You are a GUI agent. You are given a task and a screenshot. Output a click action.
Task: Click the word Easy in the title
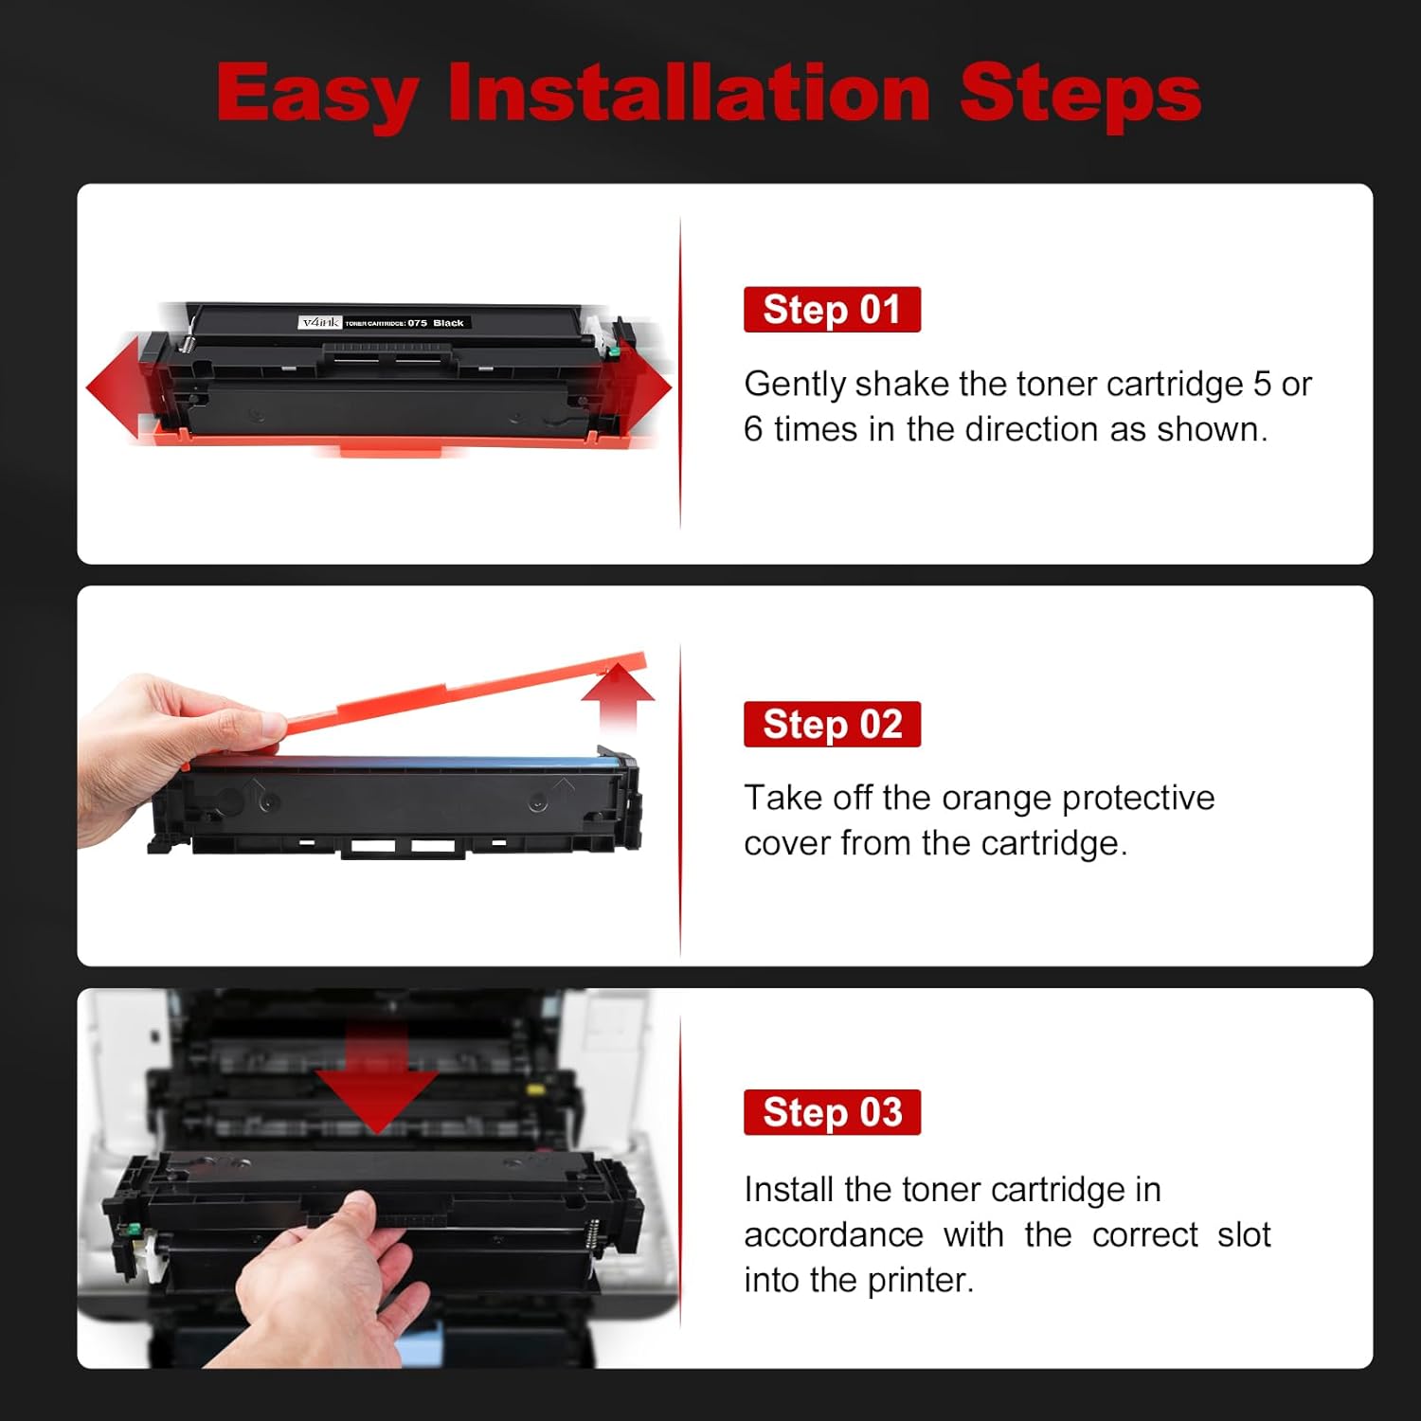(317, 95)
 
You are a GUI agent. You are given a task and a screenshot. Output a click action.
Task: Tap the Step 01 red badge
(832, 310)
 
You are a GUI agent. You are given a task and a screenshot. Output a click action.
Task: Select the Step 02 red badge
(832, 725)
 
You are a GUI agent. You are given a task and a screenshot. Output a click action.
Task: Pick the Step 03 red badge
(832, 1112)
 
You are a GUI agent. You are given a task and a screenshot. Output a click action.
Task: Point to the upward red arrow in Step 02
(618, 696)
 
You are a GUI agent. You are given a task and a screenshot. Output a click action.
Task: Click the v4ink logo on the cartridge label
(319, 323)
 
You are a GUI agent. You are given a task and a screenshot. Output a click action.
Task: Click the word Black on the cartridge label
(448, 323)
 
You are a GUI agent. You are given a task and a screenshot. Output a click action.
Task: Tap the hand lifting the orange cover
(161, 748)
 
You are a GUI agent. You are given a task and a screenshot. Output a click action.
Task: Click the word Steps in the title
(1080, 95)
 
